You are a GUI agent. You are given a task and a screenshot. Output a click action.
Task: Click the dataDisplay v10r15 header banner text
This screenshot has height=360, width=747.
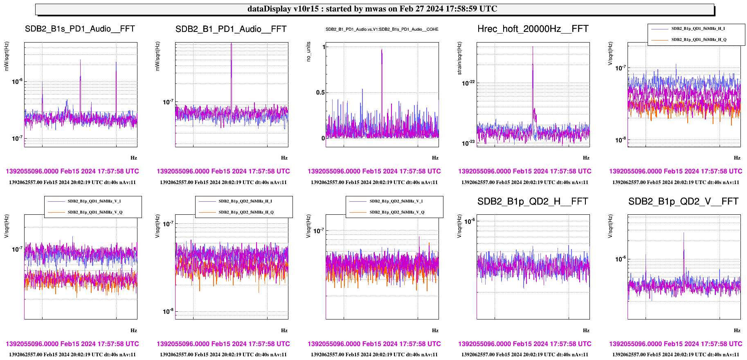[372, 9]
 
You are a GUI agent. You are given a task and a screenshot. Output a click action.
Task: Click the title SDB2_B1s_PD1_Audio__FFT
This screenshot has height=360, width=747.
[80, 29]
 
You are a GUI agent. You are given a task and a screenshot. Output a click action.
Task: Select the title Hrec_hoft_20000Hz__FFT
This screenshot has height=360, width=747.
[533, 29]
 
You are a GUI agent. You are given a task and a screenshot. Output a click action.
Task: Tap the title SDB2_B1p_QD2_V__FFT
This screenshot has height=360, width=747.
[683, 202]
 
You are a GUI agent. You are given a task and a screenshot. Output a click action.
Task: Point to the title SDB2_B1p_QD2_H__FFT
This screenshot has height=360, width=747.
[533, 202]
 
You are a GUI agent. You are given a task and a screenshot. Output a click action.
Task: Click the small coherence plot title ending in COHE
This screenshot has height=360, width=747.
[382, 29]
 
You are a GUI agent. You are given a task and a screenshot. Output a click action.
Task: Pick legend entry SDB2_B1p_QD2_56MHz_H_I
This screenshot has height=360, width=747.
[245, 201]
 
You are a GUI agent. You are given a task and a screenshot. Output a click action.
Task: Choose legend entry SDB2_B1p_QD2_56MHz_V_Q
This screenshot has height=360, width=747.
[396, 212]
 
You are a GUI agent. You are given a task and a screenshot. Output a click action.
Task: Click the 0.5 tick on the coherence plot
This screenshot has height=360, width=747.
[320, 92]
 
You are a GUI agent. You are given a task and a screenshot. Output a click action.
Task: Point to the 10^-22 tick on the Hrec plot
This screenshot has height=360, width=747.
[468, 83]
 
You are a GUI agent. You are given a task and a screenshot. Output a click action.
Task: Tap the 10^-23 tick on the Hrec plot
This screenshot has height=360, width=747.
[468, 142]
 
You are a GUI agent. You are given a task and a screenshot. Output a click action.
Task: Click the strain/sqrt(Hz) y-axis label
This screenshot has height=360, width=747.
[459, 58]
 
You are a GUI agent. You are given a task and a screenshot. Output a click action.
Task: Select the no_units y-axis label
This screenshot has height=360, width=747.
[309, 52]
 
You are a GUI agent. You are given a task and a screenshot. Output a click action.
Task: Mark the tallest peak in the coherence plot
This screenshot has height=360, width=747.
[382, 50]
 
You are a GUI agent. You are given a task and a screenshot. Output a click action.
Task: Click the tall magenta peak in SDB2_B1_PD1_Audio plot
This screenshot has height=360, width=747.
[231, 44]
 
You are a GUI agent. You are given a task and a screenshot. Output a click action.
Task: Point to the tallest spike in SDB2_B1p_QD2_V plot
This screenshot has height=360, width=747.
[684, 234]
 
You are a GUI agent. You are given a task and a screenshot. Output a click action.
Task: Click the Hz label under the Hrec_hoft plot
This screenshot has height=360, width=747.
[586, 158]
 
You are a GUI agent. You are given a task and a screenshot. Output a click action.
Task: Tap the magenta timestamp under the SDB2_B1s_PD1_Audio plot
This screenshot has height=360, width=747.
[72, 171]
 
